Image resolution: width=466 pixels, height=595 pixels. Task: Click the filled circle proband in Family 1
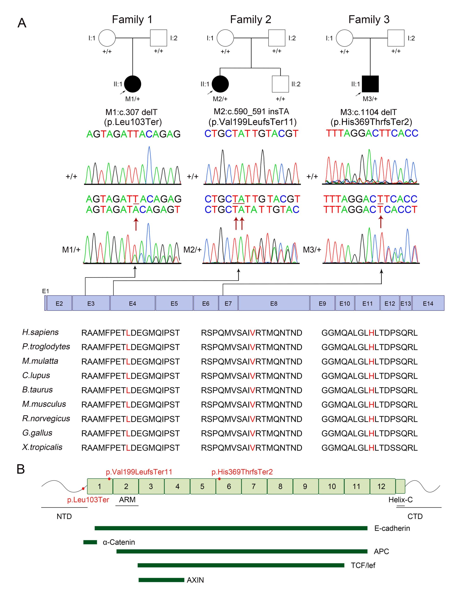[133, 84]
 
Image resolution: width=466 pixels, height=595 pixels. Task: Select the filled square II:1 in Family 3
[370, 84]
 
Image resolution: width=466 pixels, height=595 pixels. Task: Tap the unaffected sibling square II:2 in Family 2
[280, 84]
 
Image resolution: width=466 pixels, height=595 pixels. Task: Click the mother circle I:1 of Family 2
[225, 38]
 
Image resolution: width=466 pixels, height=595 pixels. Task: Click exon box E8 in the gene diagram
[274, 303]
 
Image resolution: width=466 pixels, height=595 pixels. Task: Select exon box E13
[406, 303]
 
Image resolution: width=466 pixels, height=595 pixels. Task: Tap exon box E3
[91, 303]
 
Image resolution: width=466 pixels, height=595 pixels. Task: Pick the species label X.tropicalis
[42, 447]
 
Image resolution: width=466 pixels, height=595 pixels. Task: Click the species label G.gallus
[37, 433]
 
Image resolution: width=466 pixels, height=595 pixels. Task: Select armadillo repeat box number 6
[229, 486]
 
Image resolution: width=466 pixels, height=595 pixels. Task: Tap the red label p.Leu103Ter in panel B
[88, 500]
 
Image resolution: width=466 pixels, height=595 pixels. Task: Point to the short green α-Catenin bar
[90, 542]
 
